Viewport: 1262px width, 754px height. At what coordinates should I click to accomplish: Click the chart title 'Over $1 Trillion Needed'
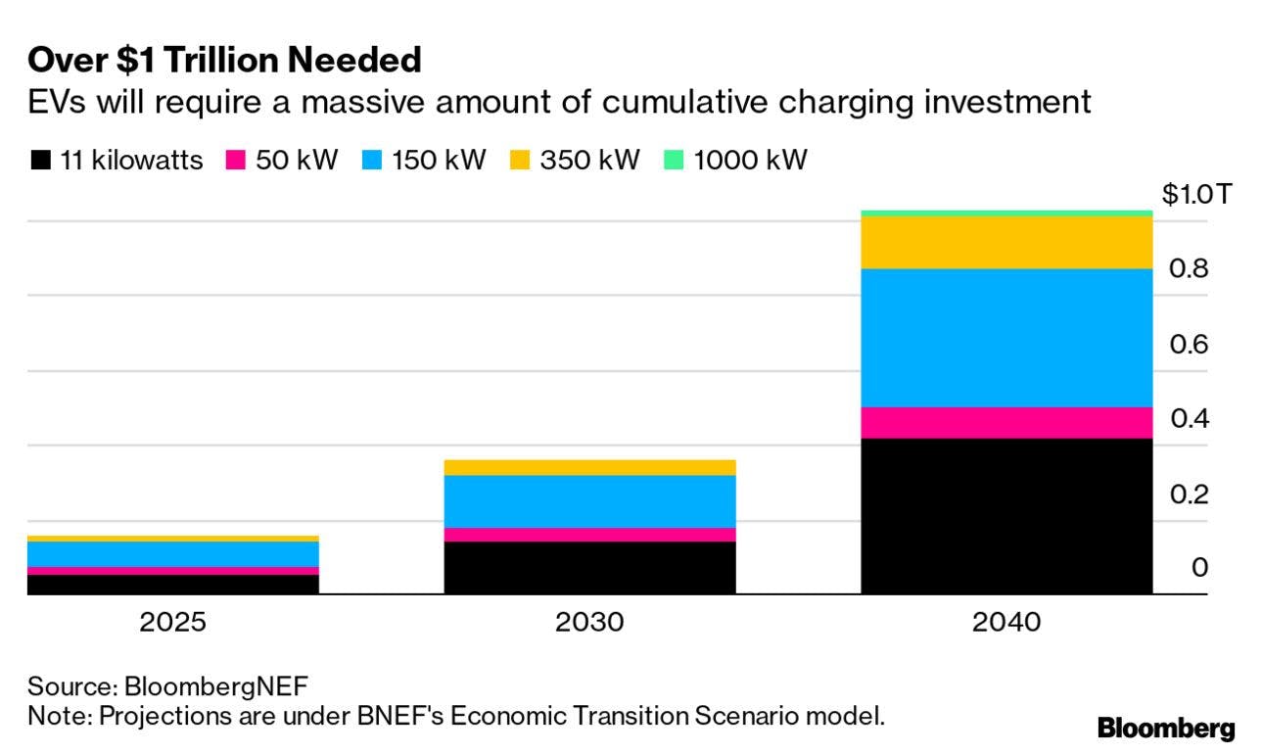[224, 61]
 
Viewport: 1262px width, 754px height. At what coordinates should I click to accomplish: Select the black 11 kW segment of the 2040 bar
[1005, 515]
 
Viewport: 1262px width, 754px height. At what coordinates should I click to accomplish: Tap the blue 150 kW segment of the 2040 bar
[1005, 338]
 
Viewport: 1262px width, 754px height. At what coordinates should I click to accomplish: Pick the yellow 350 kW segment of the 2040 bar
[1005, 242]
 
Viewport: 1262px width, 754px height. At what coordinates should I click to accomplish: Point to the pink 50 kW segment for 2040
[1005, 422]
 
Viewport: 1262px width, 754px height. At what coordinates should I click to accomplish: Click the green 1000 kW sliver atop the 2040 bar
[1005, 212]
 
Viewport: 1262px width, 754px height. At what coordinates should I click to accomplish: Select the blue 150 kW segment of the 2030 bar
[589, 501]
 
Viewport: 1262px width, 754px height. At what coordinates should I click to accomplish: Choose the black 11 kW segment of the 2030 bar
[589, 567]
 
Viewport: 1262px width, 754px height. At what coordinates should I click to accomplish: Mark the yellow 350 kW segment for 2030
[589, 467]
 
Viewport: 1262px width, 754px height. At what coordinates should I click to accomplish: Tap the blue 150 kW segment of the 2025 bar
[173, 553]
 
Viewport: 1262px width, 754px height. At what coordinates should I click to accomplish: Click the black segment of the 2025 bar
[173, 584]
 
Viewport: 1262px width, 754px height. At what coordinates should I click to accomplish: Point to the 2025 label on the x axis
[173, 623]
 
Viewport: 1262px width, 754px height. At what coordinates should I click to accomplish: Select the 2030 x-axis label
[589, 623]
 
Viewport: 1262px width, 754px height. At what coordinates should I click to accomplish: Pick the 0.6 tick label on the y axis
[1188, 344]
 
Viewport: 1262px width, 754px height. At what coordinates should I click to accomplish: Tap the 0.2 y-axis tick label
[1188, 494]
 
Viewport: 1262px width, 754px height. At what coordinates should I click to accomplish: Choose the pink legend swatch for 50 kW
[236, 161]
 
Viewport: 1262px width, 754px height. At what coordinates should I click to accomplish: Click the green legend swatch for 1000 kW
[675, 161]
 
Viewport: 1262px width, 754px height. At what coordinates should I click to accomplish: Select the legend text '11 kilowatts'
[131, 161]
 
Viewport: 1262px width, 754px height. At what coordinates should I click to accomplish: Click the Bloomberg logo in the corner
[1165, 729]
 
